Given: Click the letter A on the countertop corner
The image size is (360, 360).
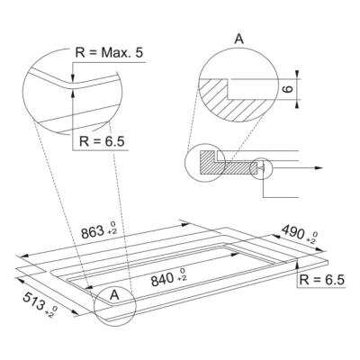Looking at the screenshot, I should [x=113, y=293].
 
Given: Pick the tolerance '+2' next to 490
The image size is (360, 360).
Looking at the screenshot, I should [x=310, y=239].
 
